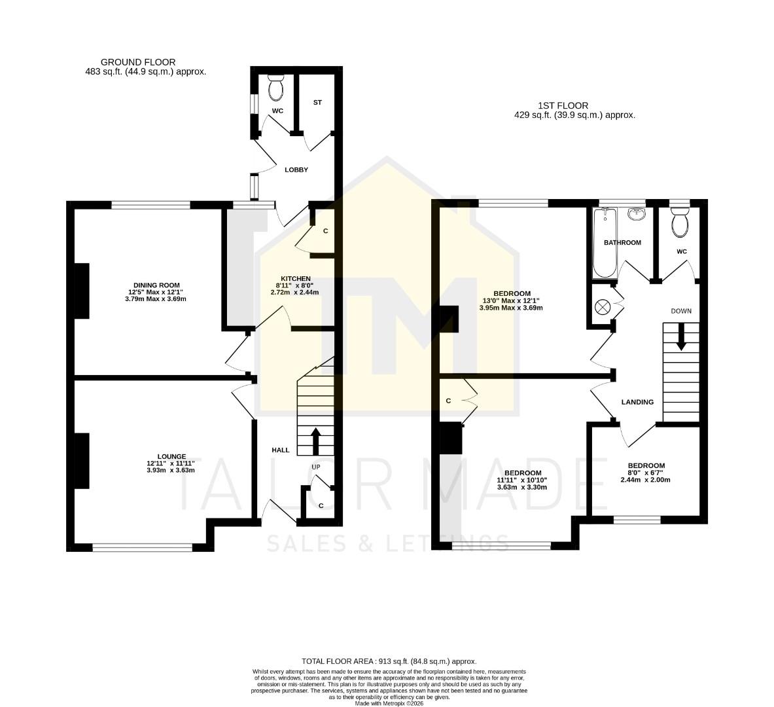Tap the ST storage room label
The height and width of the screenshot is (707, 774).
(317, 103)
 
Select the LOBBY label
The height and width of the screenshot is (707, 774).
(296, 170)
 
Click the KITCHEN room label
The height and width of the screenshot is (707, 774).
(296, 278)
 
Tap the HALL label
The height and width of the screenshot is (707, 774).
(281, 450)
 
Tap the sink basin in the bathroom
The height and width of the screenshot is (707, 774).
(636, 214)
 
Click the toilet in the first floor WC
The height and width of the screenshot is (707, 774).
(680, 223)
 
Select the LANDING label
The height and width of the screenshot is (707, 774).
(637, 402)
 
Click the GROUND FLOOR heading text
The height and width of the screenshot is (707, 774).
(137, 62)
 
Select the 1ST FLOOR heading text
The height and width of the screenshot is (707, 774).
(563, 105)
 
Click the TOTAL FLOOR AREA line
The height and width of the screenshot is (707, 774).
(389, 661)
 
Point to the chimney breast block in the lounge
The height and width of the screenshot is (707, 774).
(81, 460)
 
